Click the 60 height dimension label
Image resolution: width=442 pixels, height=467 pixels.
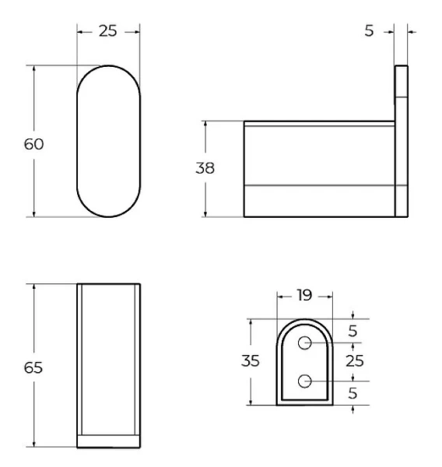point(33,144)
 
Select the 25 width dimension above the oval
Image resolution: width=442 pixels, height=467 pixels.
point(109,31)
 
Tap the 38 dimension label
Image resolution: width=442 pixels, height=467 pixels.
point(205,168)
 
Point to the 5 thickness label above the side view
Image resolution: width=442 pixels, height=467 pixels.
point(369,31)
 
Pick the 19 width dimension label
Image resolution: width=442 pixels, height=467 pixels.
point(304,296)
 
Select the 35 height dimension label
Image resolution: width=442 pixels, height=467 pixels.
point(250,362)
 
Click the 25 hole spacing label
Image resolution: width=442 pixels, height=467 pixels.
point(355,362)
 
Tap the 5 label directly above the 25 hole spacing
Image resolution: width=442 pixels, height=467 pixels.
point(353,331)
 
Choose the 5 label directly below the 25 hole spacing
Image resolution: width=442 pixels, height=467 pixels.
point(353,393)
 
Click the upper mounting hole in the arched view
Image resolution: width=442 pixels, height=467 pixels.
point(305,342)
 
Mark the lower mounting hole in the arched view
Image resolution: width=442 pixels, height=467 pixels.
point(305,381)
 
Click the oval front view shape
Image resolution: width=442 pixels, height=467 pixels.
point(108,141)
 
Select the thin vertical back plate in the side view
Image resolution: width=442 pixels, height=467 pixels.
point(402,140)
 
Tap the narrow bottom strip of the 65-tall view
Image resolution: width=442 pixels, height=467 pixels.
point(108,441)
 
